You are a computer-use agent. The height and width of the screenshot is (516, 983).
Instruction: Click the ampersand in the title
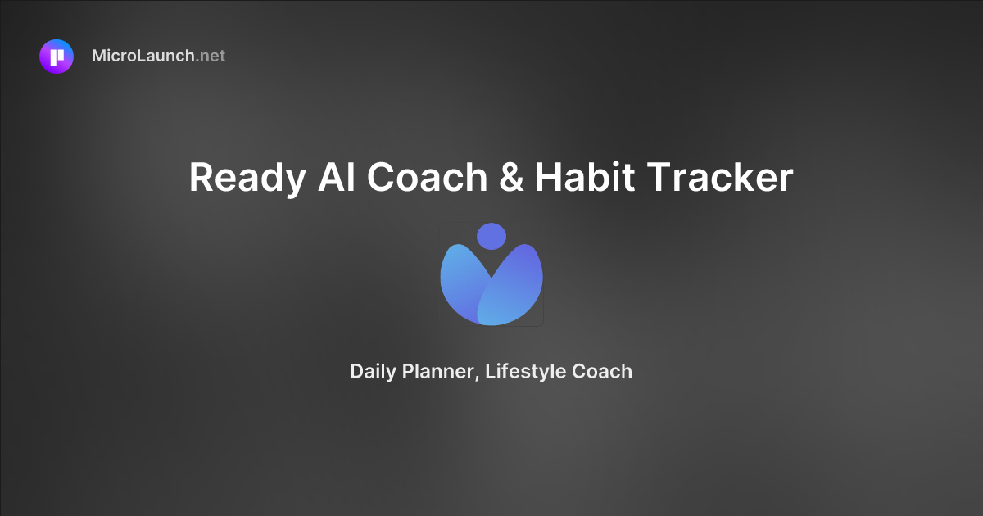click(510, 177)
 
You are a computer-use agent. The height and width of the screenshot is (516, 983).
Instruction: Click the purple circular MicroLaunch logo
click(57, 57)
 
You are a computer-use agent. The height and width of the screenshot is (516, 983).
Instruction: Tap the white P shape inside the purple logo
click(57, 57)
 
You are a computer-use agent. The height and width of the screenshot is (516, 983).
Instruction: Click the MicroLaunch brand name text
click(143, 57)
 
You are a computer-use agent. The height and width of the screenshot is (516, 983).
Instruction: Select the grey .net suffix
click(211, 57)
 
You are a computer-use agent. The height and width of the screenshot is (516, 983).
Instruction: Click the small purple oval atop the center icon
click(491, 236)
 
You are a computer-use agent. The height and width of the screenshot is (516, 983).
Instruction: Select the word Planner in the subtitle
click(437, 372)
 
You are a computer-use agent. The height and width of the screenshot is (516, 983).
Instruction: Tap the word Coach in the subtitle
click(602, 371)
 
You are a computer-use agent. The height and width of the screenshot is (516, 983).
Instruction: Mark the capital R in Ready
click(201, 177)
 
